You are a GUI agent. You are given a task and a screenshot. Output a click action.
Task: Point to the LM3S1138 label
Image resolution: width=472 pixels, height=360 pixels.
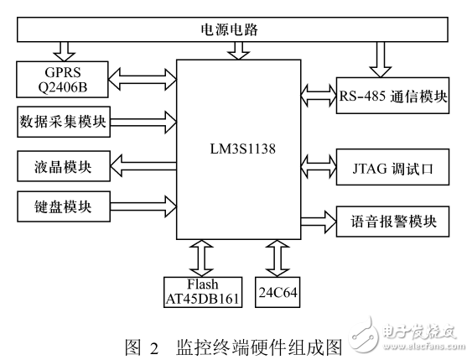coord(238,149)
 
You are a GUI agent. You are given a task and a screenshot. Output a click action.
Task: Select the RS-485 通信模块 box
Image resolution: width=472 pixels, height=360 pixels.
coord(392,96)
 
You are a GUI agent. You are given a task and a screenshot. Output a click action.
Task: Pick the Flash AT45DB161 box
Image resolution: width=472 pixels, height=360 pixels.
coord(201,289)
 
